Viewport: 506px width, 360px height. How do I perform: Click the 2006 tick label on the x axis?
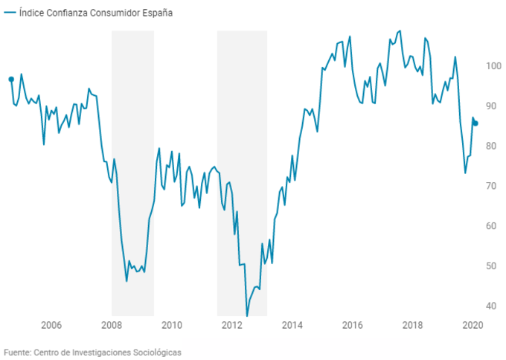[x=51, y=324]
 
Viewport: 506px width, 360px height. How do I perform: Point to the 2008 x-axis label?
[x=112, y=324]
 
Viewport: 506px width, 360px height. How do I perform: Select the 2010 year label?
[x=172, y=324]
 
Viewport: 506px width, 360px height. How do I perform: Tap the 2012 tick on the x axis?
[x=232, y=324]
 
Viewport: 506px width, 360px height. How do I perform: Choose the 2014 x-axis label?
[x=292, y=324]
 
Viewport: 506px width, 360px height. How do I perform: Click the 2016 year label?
[x=353, y=324]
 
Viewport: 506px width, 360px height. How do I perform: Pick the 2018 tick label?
[x=413, y=324]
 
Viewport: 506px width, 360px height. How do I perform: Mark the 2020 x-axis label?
[x=473, y=324]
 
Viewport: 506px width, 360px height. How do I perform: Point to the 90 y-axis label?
[x=492, y=106]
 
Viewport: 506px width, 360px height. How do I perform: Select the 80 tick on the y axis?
[x=492, y=147]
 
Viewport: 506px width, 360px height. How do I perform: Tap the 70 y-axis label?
[x=492, y=186]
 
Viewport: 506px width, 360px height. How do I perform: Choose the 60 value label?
[x=492, y=226]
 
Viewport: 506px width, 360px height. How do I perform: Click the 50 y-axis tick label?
[x=492, y=266]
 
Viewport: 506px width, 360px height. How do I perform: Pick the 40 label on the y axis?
[x=492, y=306]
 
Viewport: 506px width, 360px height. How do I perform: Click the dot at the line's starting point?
[x=11, y=79]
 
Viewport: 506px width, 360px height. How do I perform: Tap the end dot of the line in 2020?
[x=476, y=123]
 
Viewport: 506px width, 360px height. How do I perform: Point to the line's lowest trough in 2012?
[x=247, y=316]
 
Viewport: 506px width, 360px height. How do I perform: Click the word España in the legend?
[x=157, y=13]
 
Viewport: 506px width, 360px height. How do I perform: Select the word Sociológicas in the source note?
[x=155, y=352]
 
